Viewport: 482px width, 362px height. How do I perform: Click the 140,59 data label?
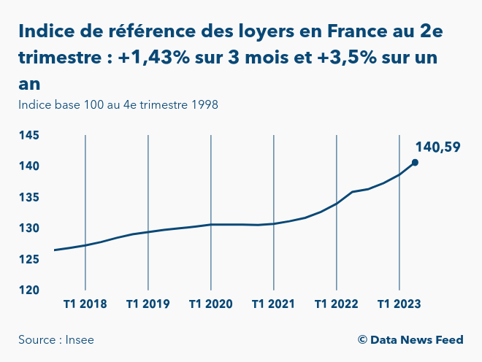point(438,147)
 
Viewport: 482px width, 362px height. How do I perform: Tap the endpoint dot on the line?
point(415,163)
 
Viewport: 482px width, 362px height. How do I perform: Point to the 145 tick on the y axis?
point(29,136)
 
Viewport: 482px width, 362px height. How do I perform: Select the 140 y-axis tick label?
point(29,166)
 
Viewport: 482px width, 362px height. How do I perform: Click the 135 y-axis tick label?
point(29,198)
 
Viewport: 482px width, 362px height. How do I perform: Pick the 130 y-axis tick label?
point(29,228)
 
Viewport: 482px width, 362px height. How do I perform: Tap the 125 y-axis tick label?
point(29,259)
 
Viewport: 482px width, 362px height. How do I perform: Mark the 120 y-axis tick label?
point(29,290)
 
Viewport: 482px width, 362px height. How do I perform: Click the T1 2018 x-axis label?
point(85,304)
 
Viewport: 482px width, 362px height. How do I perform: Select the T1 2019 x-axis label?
point(148,304)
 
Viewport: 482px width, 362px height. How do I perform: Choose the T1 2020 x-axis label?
point(211,304)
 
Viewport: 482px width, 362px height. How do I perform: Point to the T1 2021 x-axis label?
point(273,304)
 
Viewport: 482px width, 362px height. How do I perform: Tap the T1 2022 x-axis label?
point(336,304)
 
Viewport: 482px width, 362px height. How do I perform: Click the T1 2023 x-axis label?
point(399,304)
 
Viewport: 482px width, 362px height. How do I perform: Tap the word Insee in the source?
point(80,340)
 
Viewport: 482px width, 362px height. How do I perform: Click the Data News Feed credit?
point(410,340)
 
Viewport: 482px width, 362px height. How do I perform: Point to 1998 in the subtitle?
point(204,104)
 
